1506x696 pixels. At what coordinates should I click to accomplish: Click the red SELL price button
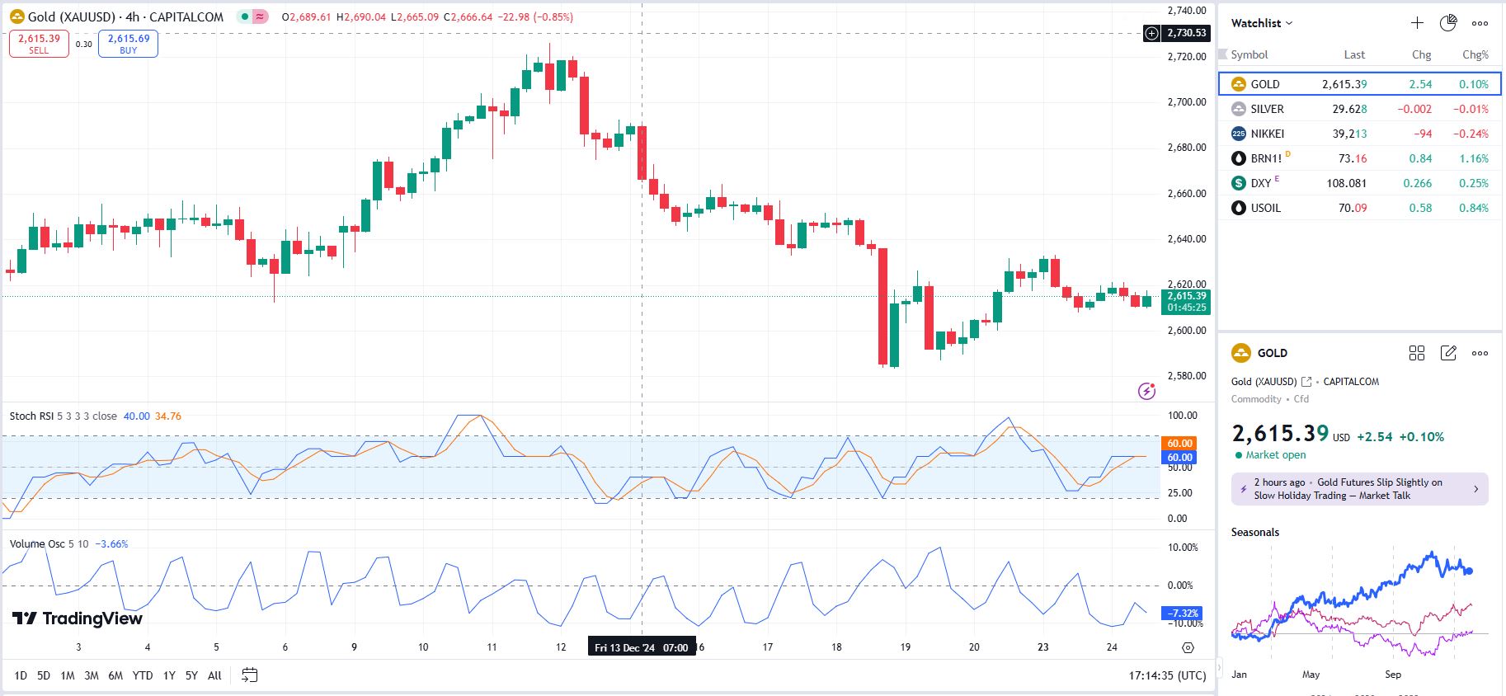point(39,44)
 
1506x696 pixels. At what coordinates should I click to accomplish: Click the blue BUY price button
point(128,44)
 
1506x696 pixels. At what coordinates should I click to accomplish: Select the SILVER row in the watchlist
point(1267,109)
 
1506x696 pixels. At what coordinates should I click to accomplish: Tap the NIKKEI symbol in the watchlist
point(1267,134)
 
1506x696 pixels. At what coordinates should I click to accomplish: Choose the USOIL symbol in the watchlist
point(1265,208)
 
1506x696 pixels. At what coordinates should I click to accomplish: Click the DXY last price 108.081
point(1346,183)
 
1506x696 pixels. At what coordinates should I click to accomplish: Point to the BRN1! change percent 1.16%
point(1473,158)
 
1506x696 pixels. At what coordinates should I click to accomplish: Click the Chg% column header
point(1475,54)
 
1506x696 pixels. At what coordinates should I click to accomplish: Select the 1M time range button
point(68,675)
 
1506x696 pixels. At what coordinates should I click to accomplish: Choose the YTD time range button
point(143,675)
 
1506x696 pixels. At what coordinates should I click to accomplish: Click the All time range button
point(214,675)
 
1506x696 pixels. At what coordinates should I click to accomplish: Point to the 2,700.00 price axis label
point(1186,102)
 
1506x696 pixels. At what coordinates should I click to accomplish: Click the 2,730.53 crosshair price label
point(1186,33)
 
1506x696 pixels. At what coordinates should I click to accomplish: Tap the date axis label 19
point(905,647)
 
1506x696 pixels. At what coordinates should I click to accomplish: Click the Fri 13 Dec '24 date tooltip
point(641,647)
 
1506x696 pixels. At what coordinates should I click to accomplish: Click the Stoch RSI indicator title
point(32,416)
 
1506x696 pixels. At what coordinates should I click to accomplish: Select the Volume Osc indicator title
point(37,544)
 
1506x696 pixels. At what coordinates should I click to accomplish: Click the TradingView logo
point(78,618)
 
